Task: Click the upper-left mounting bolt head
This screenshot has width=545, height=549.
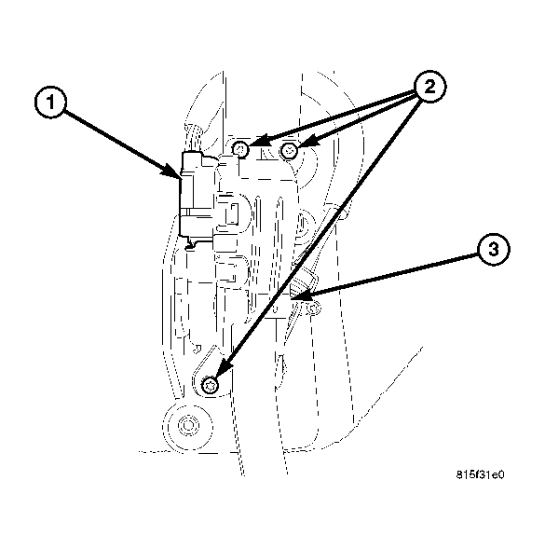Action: pos(240,149)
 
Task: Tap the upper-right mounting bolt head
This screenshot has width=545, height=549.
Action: pos(290,150)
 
